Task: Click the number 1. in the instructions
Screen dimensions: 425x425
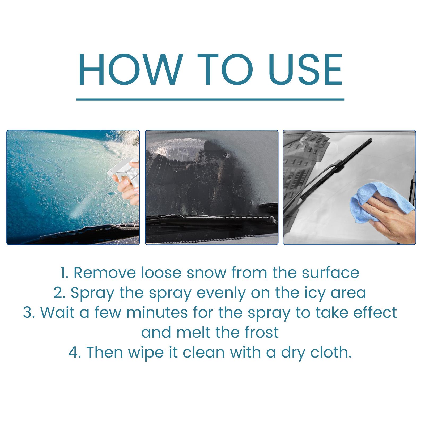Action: [65, 273]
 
